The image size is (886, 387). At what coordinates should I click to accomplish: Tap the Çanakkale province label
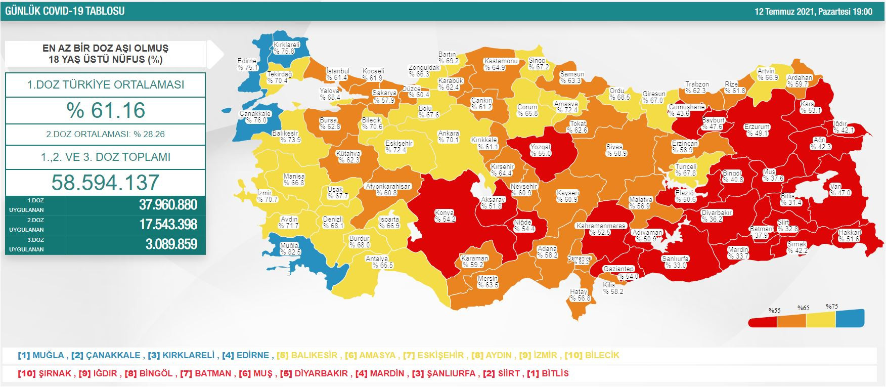click(255, 117)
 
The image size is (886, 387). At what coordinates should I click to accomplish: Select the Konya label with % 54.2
click(445, 216)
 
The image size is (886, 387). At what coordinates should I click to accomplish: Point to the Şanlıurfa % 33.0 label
click(676, 262)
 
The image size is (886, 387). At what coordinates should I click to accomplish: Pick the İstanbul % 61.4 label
click(337, 74)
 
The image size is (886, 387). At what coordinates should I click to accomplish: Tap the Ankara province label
click(449, 137)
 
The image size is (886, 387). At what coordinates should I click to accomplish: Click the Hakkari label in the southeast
click(850, 236)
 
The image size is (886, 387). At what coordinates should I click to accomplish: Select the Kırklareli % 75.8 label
click(287, 48)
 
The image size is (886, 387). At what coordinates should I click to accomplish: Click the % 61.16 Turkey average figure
click(106, 110)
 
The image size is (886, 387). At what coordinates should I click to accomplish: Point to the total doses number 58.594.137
click(105, 183)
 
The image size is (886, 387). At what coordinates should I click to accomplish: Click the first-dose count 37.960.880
click(168, 205)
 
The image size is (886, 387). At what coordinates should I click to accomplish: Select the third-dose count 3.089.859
click(171, 244)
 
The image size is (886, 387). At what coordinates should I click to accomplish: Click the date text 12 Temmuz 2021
click(784, 12)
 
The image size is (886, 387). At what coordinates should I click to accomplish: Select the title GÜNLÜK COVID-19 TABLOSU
click(65, 11)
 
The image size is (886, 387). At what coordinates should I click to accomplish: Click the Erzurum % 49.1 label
click(757, 130)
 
